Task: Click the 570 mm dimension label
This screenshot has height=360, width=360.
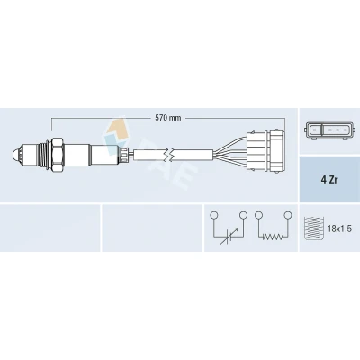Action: pos(168,118)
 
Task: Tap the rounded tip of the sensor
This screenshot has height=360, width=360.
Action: pos(15,156)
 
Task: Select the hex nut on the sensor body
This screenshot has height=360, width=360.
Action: pos(58,155)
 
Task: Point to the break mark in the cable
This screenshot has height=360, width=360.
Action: pos(169,155)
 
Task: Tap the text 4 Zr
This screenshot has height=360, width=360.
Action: pos(329,181)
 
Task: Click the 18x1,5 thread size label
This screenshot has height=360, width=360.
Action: pos(339,229)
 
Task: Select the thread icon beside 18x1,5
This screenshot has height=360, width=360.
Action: pos(313,229)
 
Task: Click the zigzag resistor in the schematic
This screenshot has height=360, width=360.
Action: pos(273,237)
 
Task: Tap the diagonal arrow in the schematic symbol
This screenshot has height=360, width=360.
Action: pos(229,237)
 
